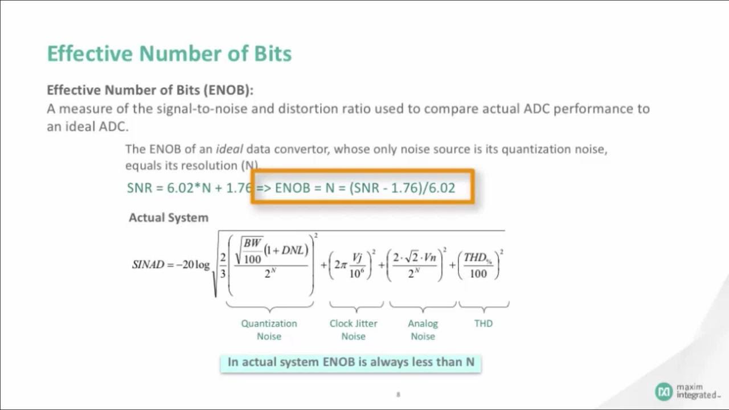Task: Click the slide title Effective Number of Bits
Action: pyautogui.click(x=169, y=54)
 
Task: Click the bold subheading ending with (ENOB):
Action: pyautogui.click(x=150, y=90)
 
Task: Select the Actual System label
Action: pyautogui.click(x=169, y=218)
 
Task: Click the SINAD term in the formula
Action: pyautogui.click(x=148, y=265)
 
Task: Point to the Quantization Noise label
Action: pyautogui.click(x=269, y=330)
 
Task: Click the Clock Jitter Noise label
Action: pyautogui.click(x=353, y=330)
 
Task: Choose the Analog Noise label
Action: pyautogui.click(x=423, y=330)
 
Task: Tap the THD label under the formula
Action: pyautogui.click(x=483, y=323)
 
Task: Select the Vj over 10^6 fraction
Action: pyautogui.click(x=357, y=265)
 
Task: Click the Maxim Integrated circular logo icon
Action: pyautogui.click(x=664, y=391)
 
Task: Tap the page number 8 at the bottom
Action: pyautogui.click(x=398, y=394)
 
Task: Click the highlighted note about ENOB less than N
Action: pyautogui.click(x=351, y=362)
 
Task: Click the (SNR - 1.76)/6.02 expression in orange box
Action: pyautogui.click(x=402, y=188)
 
